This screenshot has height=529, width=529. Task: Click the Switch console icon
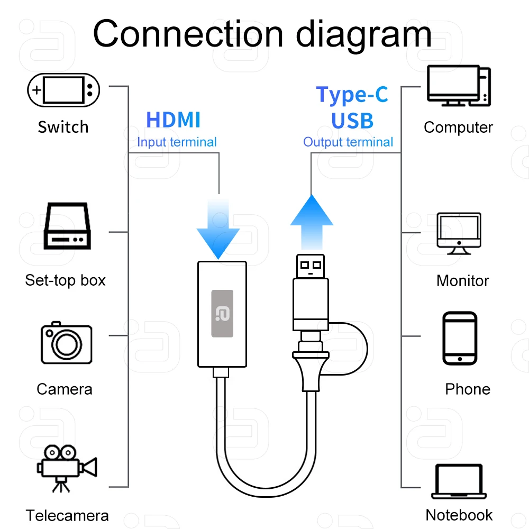pos(63,89)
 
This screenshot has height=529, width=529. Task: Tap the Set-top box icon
pos(67,226)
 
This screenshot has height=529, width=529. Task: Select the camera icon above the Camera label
pos(66,343)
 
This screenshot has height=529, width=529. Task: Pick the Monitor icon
pos(459,233)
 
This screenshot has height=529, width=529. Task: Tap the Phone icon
pos(460,338)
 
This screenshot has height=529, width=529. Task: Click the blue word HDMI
pos(174,120)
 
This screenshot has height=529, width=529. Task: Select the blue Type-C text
pos(352,95)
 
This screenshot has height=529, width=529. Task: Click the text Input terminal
pos(177,142)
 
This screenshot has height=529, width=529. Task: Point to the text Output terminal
pos(348,142)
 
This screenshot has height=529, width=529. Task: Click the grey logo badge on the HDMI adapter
pos(223,313)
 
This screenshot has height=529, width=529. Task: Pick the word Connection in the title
pos(188,33)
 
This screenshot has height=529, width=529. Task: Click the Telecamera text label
pos(67,515)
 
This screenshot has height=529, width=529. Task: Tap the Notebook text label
pos(459,515)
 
